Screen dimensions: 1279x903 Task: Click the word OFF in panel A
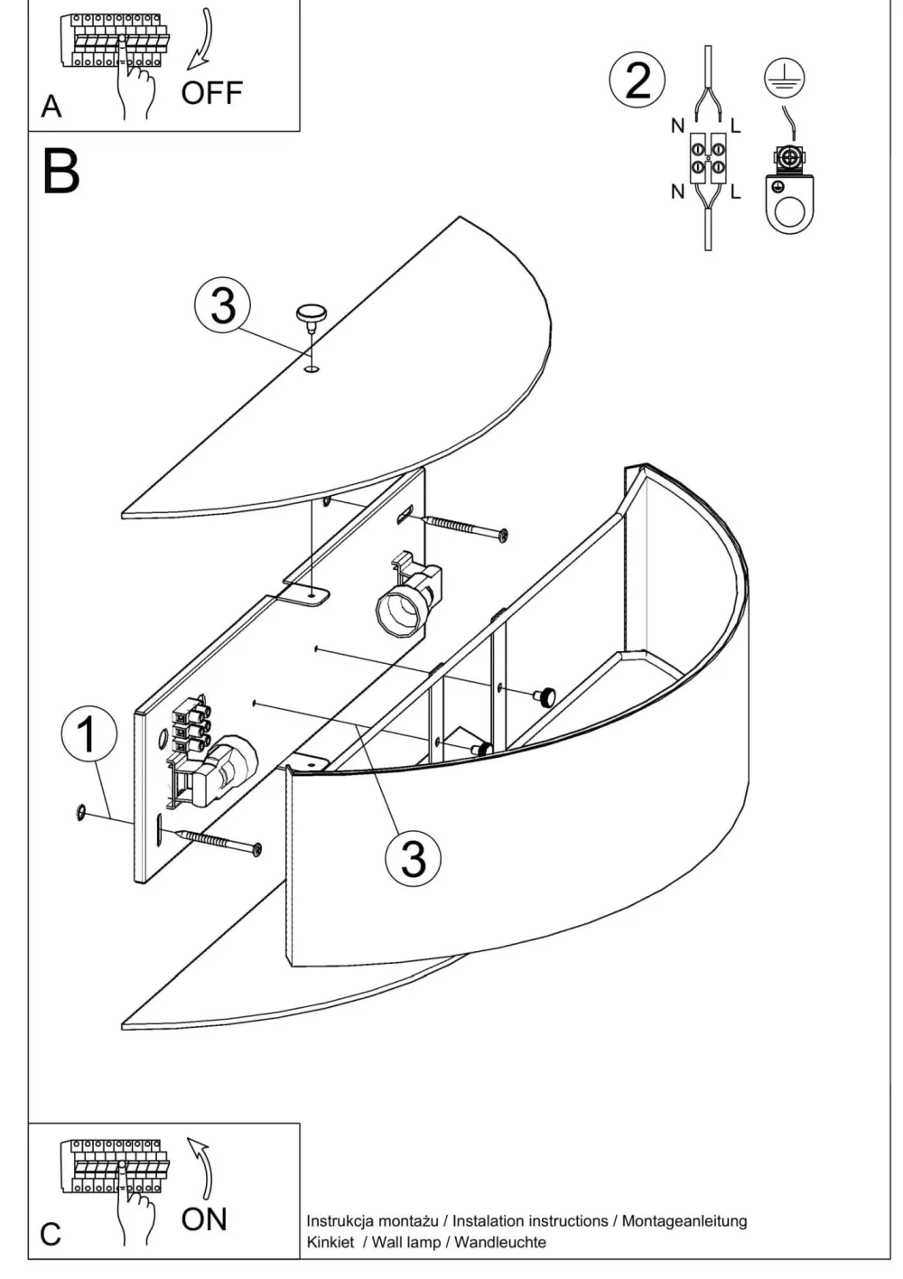(x=211, y=93)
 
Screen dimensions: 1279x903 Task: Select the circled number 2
(x=638, y=80)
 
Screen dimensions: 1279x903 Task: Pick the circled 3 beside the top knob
(x=222, y=305)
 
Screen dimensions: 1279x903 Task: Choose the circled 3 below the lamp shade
(x=413, y=856)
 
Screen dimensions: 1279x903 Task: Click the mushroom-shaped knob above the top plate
(x=311, y=314)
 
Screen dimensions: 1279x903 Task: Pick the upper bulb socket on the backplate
(x=411, y=599)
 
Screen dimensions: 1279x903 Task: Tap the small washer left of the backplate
(x=81, y=813)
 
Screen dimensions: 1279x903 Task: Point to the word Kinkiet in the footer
(x=330, y=1242)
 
